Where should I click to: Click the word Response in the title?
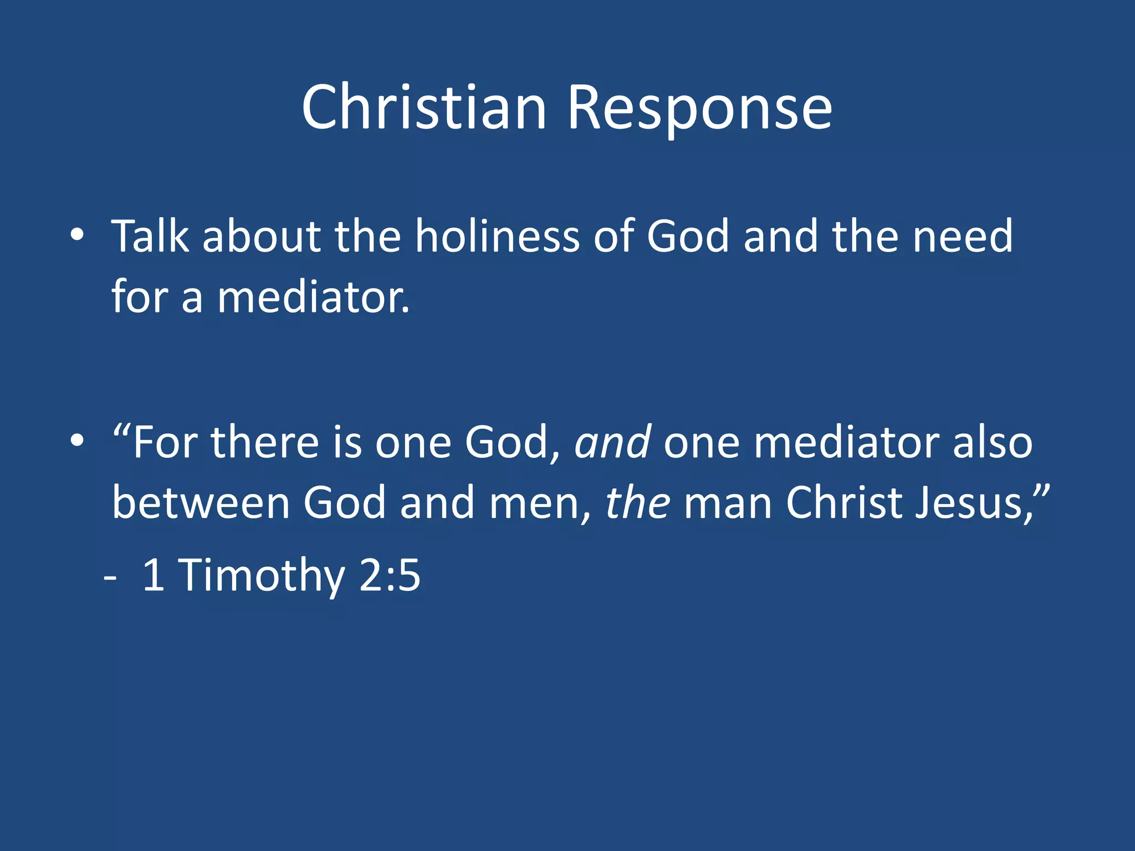point(699,108)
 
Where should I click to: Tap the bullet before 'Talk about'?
point(77,235)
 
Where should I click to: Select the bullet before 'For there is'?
point(77,442)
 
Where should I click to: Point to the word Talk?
point(150,236)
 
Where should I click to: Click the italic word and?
point(612,443)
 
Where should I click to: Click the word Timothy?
point(261,576)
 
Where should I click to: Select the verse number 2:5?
point(390,576)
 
